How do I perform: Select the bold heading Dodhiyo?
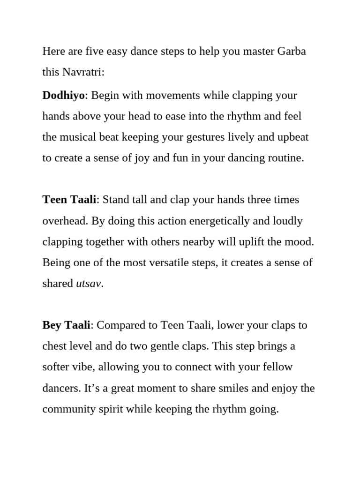[x=63, y=96]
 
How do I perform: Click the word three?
[x=250, y=200]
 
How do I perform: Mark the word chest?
[x=54, y=346]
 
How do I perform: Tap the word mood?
[x=300, y=242]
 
